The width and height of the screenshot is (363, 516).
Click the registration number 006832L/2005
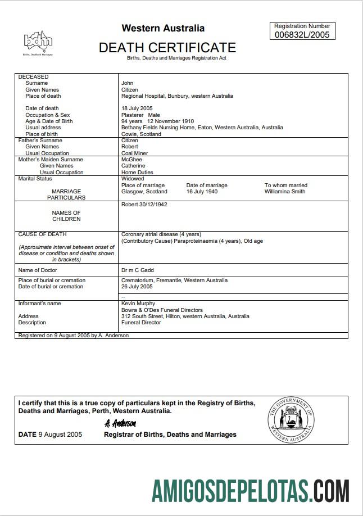pos(302,34)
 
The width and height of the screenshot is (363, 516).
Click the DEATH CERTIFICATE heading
pos(167,48)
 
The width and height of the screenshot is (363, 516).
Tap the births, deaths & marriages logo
pos(38,41)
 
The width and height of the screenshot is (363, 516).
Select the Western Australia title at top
pos(163,28)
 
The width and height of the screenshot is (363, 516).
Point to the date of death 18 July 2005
pos(137,108)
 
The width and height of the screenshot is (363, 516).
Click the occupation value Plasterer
pos(132,115)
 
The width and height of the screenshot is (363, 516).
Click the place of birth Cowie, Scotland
pos(141,134)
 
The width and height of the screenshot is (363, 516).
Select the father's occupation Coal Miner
pos(135,153)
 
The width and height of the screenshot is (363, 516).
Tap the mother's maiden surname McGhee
pos(133,160)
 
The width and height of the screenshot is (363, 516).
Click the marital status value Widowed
pos(133,179)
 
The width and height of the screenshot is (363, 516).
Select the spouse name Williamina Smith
pos(285,192)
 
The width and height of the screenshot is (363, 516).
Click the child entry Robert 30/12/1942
pos(144,205)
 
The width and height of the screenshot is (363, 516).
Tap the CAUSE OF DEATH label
pos(42,234)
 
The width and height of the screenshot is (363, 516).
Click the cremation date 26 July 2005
pos(137,287)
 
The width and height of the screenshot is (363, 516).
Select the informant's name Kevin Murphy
pos(138,304)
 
